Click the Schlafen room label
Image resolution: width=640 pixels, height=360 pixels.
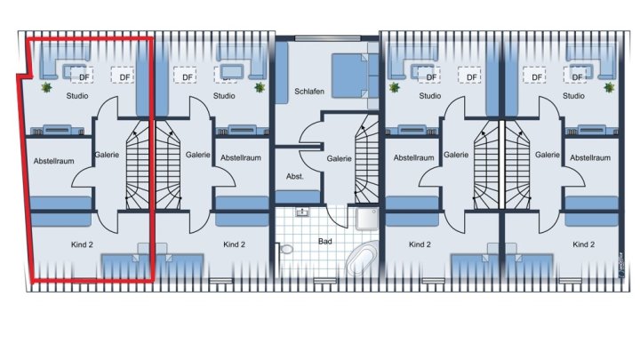(x=309, y=92)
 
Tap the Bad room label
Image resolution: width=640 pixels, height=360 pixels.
(x=325, y=241)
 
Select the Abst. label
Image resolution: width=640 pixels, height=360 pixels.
(x=295, y=176)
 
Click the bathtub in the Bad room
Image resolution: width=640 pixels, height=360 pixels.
(x=363, y=258)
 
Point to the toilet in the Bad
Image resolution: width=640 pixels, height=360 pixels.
(x=285, y=249)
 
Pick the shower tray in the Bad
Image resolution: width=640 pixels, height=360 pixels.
(x=367, y=220)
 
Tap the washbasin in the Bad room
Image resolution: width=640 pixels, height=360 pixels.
(x=302, y=212)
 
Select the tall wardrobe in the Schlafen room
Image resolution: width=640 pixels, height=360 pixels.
(x=282, y=73)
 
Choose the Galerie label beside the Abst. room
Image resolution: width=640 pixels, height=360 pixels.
(x=339, y=158)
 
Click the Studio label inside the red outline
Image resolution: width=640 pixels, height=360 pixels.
(x=77, y=96)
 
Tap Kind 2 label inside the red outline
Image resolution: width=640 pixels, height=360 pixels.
(x=82, y=244)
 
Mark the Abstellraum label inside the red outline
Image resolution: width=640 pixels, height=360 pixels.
(x=54, y=161)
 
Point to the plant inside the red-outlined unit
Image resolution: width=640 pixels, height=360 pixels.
(x=46, y=87)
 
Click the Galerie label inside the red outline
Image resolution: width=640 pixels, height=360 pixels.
(x=107, y=155)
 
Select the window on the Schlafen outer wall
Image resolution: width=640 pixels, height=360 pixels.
(x=328, y=38)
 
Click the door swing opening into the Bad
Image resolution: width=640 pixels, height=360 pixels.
(x=337, y=216)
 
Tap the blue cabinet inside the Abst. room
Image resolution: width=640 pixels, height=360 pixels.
(x=298, y=196)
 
